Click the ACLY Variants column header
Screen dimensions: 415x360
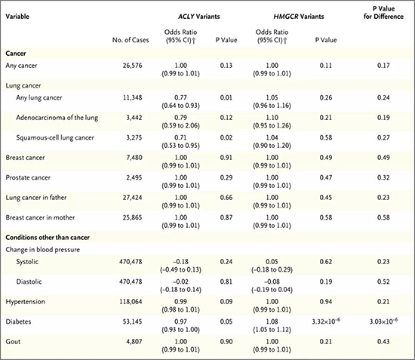pyautogui.click(x=198, y=17)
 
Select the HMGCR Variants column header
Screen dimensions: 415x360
pyautogui.click(x=299, y=17)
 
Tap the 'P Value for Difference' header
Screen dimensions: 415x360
pyautogui.click(x=383, y=12)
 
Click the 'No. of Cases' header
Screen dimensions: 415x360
pyautogui.click(x=131, y=40)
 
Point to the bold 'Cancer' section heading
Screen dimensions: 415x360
pyautogui.click(x=16, y=53)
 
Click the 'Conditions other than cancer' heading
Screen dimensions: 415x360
pyautogui.click(x=48, y=237)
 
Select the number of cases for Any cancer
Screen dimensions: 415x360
pyautogui.click(x=132, y=66)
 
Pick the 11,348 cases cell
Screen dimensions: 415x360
pyautogui.click(x=132, y=97)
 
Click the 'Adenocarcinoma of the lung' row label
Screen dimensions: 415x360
pyautogui.click(x=57, y=118)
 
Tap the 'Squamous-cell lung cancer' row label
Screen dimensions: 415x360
pyautogui.click(x=55, y=137)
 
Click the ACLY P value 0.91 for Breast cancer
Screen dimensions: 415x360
pyautogui.click(x=226, y=158)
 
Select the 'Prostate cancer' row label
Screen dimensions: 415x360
pyautogui.click(x=28, y=177)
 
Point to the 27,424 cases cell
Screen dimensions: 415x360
pyautogui.click(x=132, y=198)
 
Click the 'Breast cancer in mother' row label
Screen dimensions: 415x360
pyautogui.click(x=40, y=217)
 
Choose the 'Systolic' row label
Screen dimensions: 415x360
pyautogui.click(x=27, y=262)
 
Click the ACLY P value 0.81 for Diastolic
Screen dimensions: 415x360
pyautogui.click(x=226, y=282)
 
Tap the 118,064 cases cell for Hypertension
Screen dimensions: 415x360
pyautogui.click(x=131, y=301)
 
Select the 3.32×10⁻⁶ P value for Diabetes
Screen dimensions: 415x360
pyautogui.click(x=326, y=321)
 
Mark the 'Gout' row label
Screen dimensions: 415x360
pyautogui.click(x=13, y=341)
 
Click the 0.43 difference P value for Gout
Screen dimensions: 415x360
pyautogui.click(x=383, y=341)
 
